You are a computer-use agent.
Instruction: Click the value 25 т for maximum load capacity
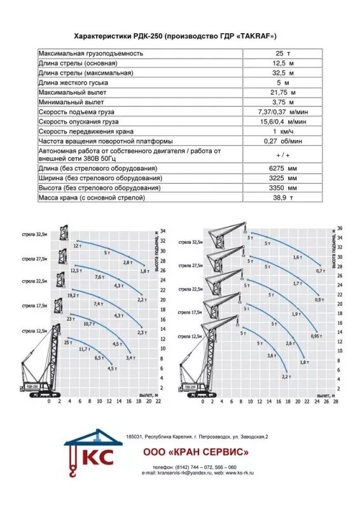tap(280, 53)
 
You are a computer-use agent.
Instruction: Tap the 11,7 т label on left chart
tap(83, 349)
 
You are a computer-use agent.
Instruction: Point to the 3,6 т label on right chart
tap(272, 355)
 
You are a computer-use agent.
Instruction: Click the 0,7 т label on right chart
tap(320, 270)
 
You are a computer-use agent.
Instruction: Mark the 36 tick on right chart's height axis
tap(340, 228)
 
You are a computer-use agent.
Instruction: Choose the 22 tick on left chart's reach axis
tap(158, 401)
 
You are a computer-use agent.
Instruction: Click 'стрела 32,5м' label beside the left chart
tap(33, 235)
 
